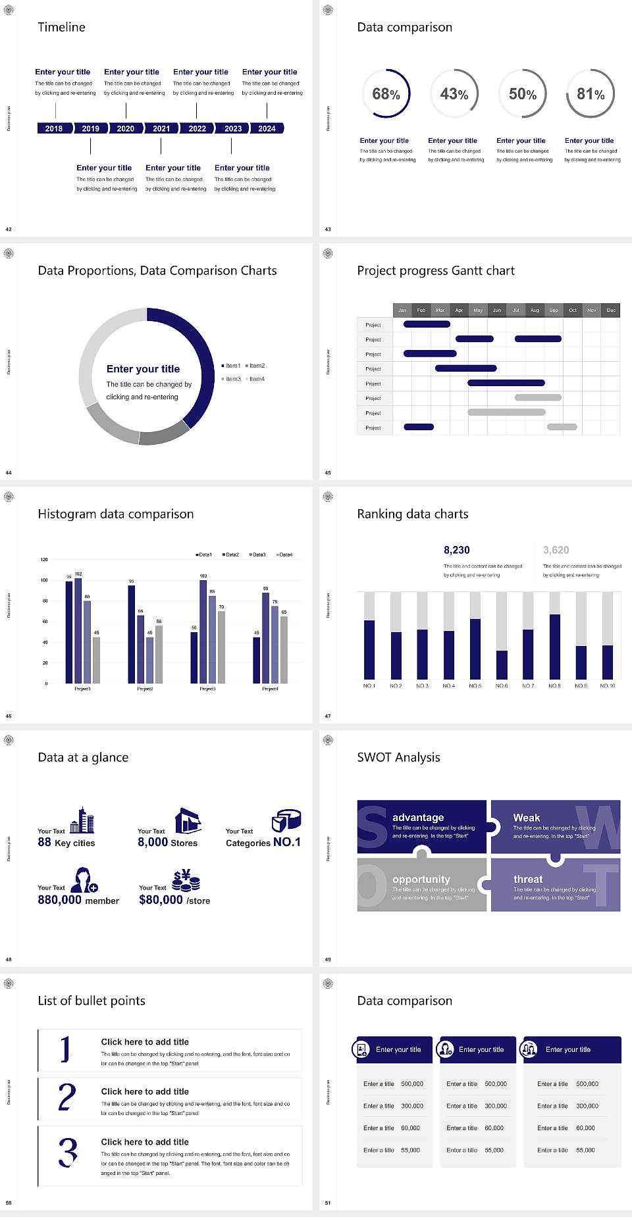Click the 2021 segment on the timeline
161,128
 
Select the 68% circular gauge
386,93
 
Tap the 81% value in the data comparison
591,94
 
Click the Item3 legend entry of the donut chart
232,379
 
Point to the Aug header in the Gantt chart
535,310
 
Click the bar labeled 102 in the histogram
78,628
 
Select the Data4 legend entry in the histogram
284,555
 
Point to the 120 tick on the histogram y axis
44,559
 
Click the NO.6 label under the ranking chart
502,685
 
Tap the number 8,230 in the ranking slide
457,550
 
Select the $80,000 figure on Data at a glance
161,900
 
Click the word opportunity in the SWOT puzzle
421,879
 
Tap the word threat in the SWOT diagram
528,879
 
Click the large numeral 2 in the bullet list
67,1097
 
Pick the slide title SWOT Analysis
398,757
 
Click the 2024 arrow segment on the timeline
267,128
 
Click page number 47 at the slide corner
328,716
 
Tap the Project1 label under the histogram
82,689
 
